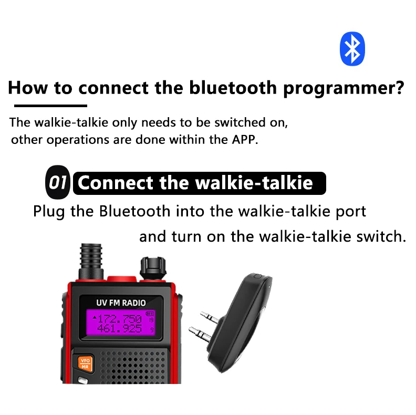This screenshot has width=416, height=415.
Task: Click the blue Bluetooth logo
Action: (352, 48)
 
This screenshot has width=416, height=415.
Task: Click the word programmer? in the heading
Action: (344, 87)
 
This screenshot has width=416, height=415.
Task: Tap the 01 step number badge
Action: (57, 183)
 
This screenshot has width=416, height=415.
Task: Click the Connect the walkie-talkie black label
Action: (200, 183)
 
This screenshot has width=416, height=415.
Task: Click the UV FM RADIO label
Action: (121, 303)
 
